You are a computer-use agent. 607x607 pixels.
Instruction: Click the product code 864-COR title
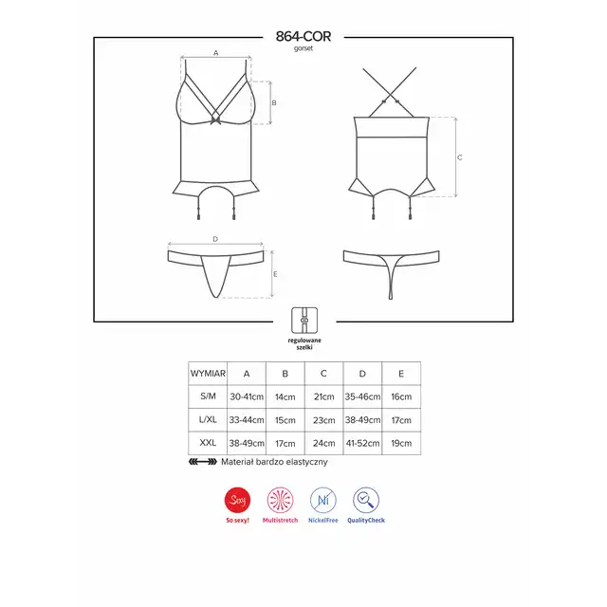pos(303,36)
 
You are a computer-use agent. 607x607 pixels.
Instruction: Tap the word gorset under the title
pos(303,48)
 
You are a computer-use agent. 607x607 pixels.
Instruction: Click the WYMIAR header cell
pos(208,374)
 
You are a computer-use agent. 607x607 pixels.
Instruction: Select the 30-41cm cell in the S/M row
pos(247,396)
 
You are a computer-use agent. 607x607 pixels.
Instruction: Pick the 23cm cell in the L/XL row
pos(324,420)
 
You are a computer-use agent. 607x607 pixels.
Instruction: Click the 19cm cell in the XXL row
pos(401,443)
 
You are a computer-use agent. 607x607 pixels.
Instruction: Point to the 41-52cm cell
pos(362,443)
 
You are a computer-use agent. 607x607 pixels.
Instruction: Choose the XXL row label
pos(208,443)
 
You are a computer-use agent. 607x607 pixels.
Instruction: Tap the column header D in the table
pos(362,374)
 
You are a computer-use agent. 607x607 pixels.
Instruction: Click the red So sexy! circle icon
pos(237,500)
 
